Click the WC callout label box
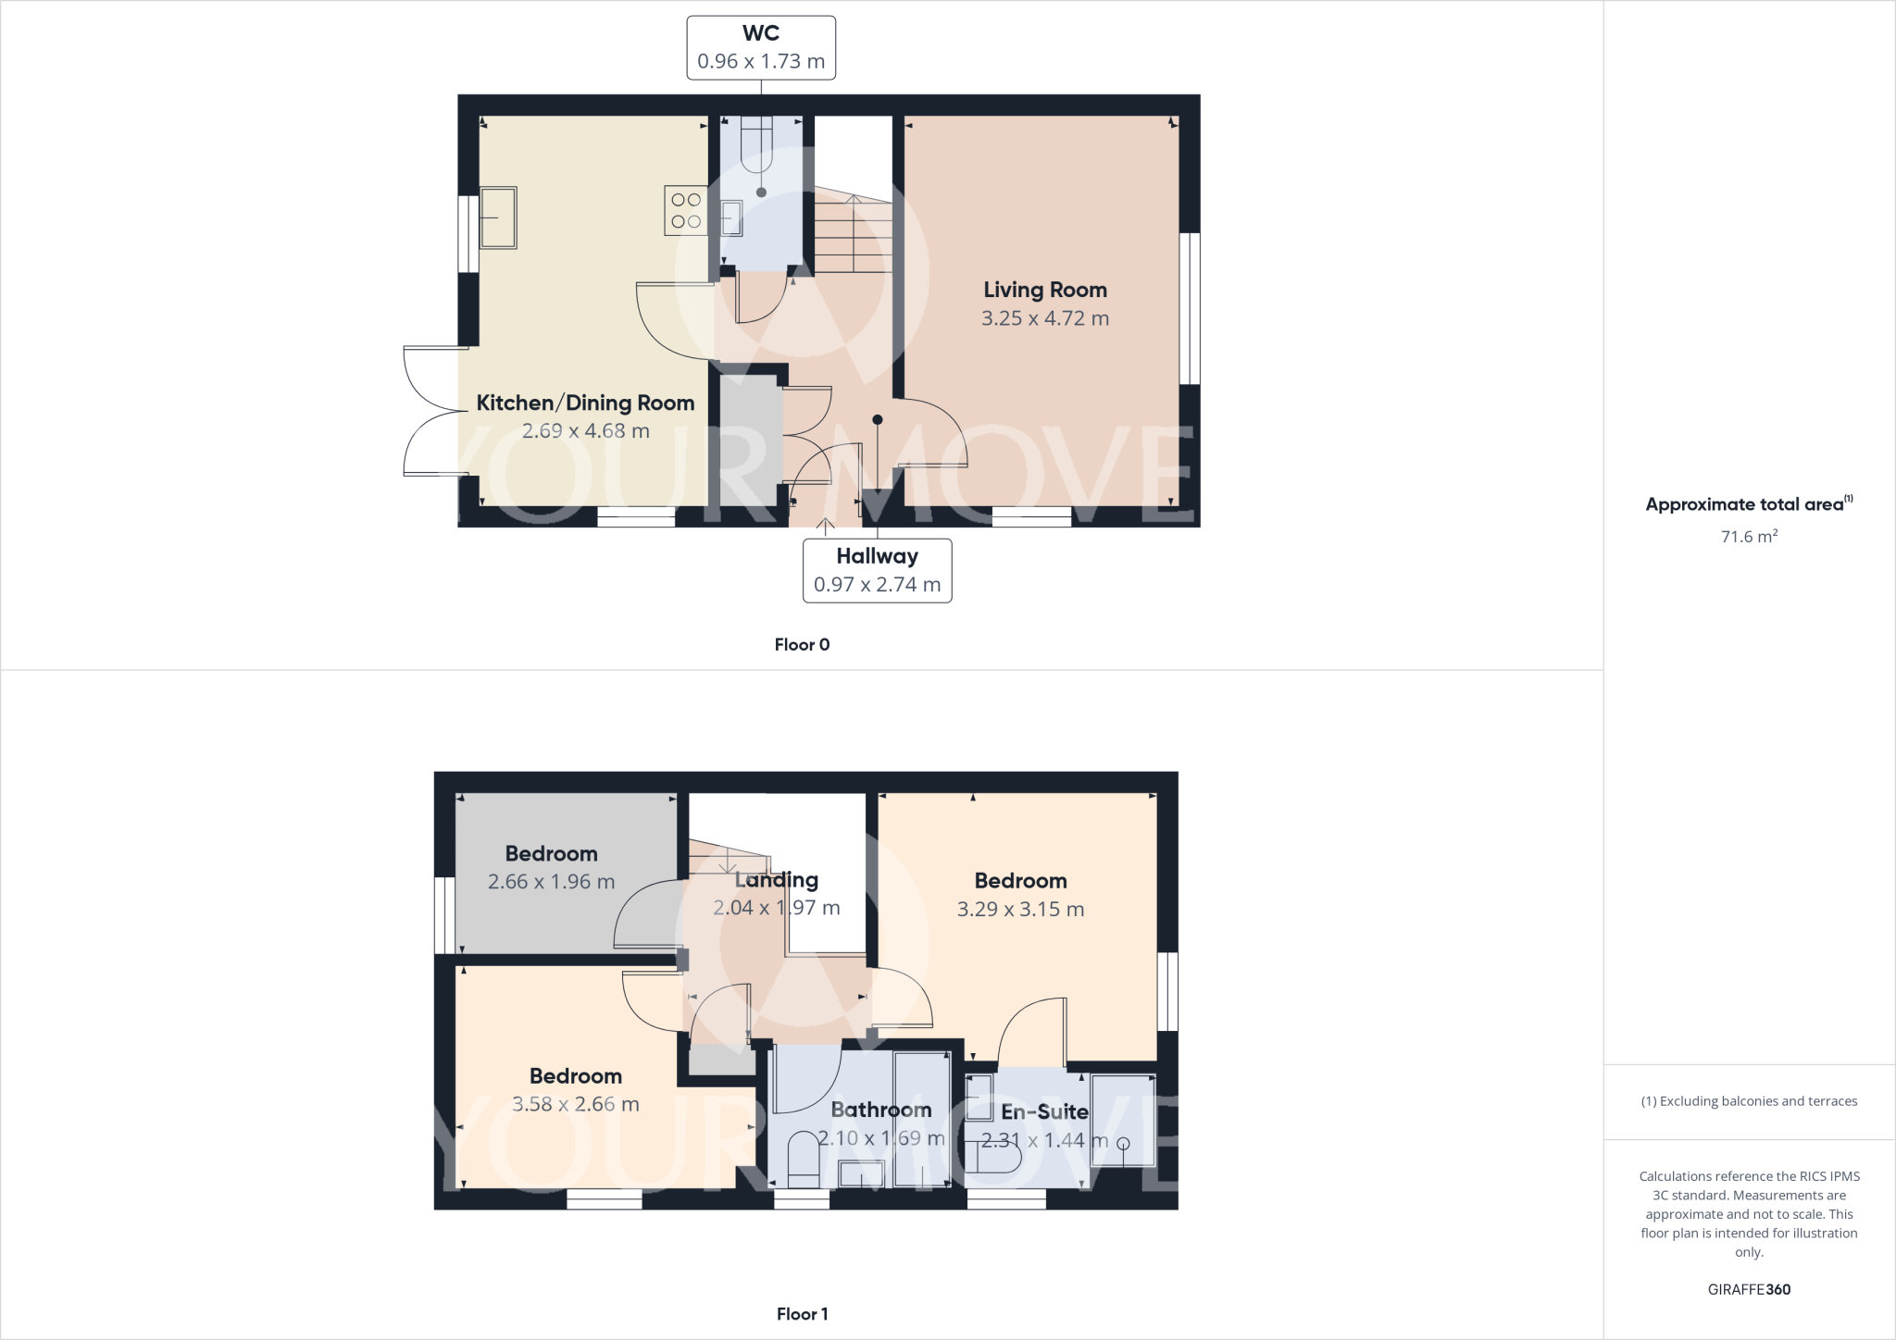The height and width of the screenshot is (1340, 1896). [761, 47]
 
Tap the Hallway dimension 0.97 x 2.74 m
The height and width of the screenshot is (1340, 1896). [877, 585]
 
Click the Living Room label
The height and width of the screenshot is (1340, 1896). [1045, 290]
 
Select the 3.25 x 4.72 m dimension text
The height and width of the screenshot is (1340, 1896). [1045, 318]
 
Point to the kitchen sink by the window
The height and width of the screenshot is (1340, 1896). [498, 217]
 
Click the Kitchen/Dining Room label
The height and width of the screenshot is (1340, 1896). [585, 403]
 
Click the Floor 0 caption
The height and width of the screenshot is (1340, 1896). [802, 645]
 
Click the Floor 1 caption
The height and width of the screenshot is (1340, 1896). [802, 1314]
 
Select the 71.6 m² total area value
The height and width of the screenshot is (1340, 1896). [1749, 537]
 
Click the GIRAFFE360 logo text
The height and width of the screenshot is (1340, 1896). [1749, 1289]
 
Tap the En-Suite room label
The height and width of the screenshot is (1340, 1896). [1044, 1111]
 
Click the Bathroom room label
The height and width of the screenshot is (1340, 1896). [880, 1110]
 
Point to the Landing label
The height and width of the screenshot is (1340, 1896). [776, 880]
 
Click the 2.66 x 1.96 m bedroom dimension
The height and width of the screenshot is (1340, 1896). [551, 882]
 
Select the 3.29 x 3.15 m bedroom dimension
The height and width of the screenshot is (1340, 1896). [1020, 910]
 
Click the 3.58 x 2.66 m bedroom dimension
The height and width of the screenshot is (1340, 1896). [575, 1104]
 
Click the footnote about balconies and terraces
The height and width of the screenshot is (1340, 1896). [1749, 1101]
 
